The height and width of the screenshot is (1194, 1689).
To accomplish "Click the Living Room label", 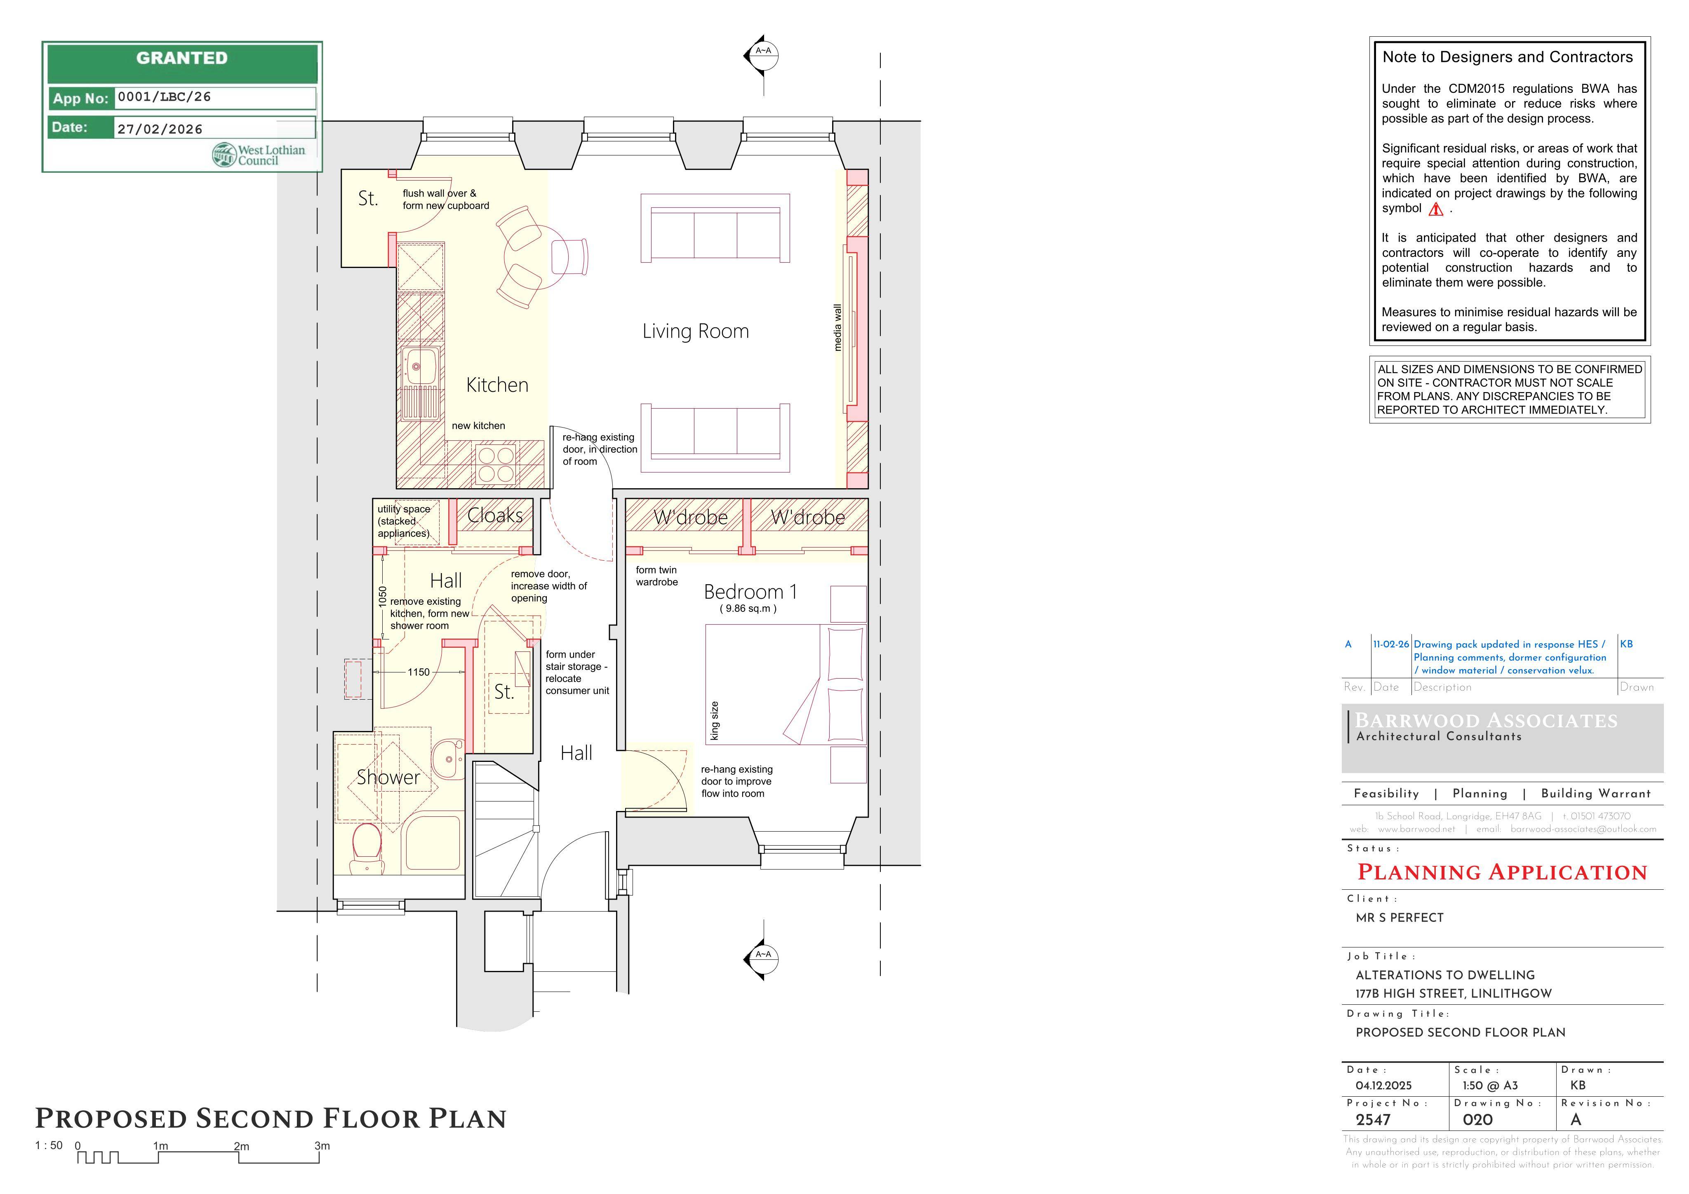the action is tap(695, 332).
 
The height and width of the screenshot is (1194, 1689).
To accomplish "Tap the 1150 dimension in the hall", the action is tap(419, 672).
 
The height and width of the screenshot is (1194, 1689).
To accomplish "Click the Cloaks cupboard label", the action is tap(495, 516).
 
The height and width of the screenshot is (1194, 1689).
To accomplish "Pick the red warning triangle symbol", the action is tap(1435, 210).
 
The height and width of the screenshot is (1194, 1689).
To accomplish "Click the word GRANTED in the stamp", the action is tap(182, 58).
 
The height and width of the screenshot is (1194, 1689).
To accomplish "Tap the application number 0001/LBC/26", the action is tap(164, 97).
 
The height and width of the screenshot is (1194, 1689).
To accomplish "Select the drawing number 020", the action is tap(1478, 1120).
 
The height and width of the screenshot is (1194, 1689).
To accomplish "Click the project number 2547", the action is tap(1374, 1120).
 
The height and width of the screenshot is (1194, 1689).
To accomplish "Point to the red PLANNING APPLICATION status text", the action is tap(1502, 872).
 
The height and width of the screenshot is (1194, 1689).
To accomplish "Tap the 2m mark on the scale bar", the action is tap(240, 1146).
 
